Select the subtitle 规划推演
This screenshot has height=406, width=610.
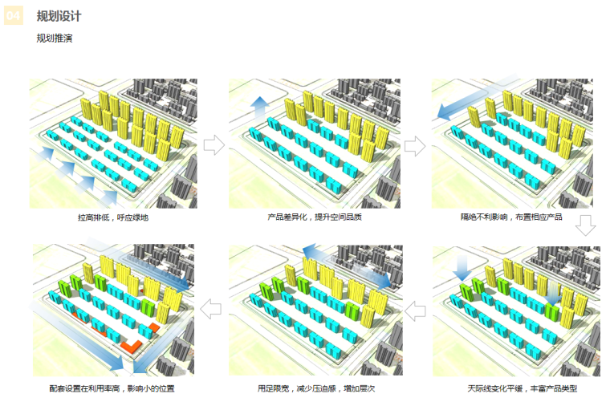[x=54, y=39]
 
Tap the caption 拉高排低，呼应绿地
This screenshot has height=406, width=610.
[x=113, y=217]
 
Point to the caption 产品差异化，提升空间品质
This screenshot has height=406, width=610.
[x=315, y=217]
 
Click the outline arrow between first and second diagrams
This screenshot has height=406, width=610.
[x=213, y=145]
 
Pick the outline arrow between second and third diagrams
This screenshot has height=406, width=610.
[x=414, y=145]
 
